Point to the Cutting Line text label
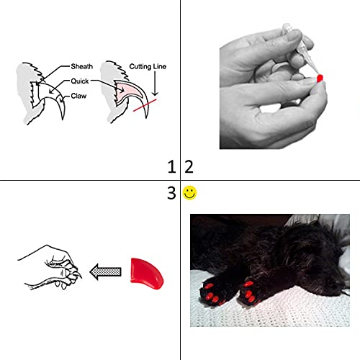148,66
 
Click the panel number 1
171,167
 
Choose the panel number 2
189,167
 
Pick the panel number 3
171,193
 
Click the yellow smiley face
189,193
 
